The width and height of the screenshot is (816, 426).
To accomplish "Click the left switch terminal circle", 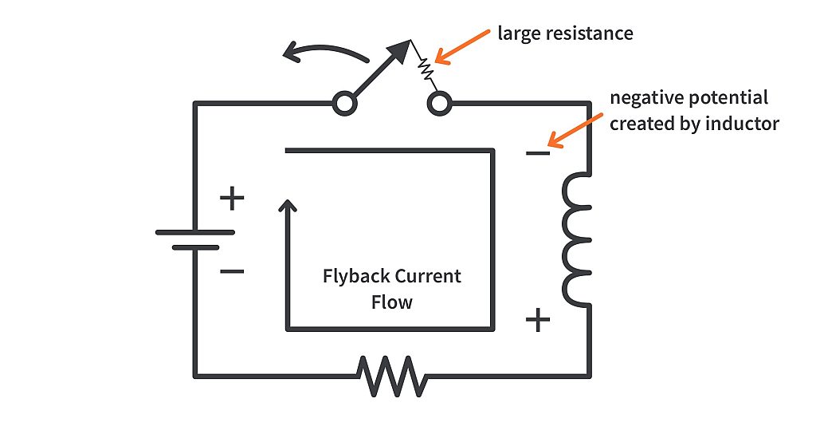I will (x=344, y=103).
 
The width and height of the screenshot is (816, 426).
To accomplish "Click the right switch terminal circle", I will (x=439, y=103).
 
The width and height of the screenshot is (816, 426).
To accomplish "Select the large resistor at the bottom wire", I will (x=391, y=376).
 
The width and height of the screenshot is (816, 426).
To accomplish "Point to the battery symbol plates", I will (x=195, y=239).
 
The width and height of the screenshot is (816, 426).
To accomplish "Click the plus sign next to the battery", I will (x=231, y=197).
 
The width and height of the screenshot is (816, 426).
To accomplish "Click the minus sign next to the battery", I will (x=231, y=272).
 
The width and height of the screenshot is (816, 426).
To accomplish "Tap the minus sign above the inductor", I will (x=538, y=153).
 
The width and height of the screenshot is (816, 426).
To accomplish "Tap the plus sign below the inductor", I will (x=538, y=321).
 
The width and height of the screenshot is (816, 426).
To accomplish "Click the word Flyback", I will (x=355, y=277).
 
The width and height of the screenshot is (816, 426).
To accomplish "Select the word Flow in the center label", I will (x=392, y=303).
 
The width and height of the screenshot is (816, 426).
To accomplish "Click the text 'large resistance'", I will (x=565, y=34).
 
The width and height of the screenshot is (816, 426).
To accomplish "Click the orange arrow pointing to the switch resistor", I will (x=463, y=47).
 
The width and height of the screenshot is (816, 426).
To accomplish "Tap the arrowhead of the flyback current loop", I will (x=288, y=207).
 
